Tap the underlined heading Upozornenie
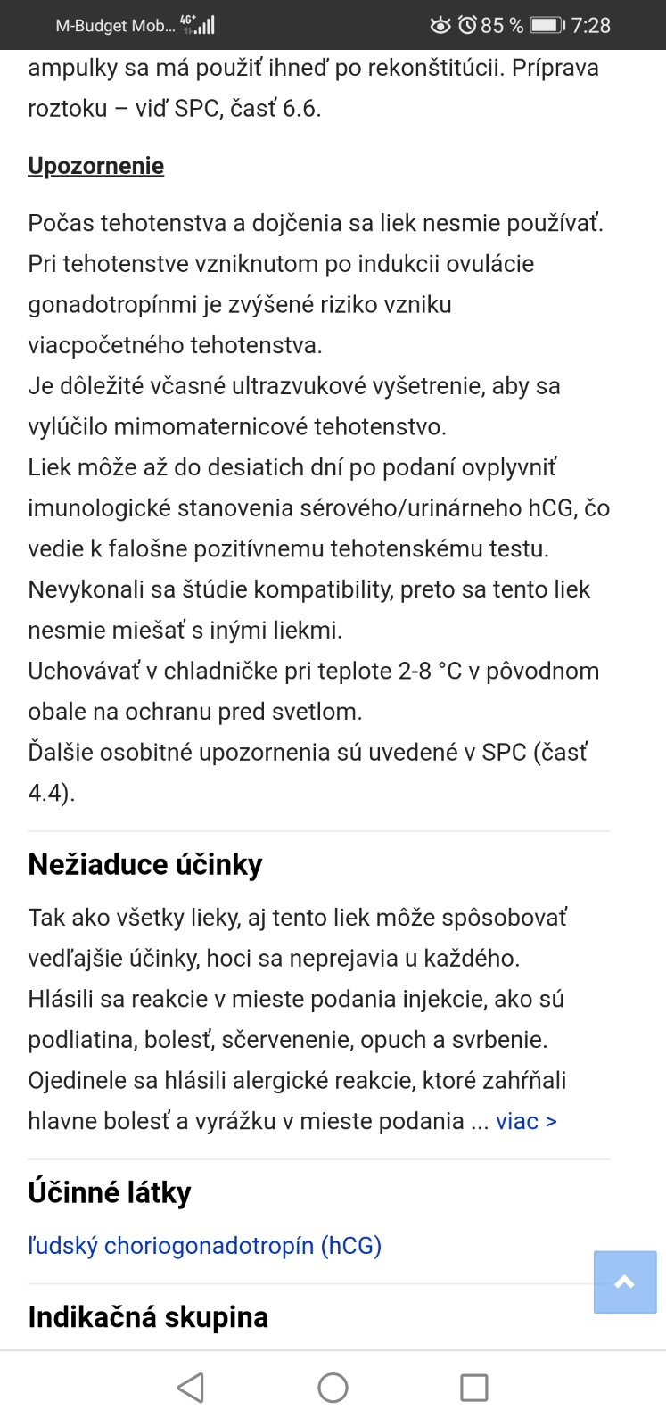point(95,166)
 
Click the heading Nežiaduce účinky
point(145,864)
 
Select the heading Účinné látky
point(110,1192)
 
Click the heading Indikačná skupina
point(148,1316)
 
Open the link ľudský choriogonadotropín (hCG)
point(204,1245)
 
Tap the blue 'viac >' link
point(526,1121)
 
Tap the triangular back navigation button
point(191,1388)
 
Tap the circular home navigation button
point(333,1388)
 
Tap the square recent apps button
point(473,1388)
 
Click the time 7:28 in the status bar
point(590,25)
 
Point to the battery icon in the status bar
point(547,25)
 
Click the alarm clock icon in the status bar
point(467,25)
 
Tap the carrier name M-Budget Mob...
point(114,26)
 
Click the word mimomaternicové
point(222,426)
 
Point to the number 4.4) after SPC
point(51,793)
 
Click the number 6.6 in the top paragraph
point(300,109)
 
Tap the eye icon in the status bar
point(440,25)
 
